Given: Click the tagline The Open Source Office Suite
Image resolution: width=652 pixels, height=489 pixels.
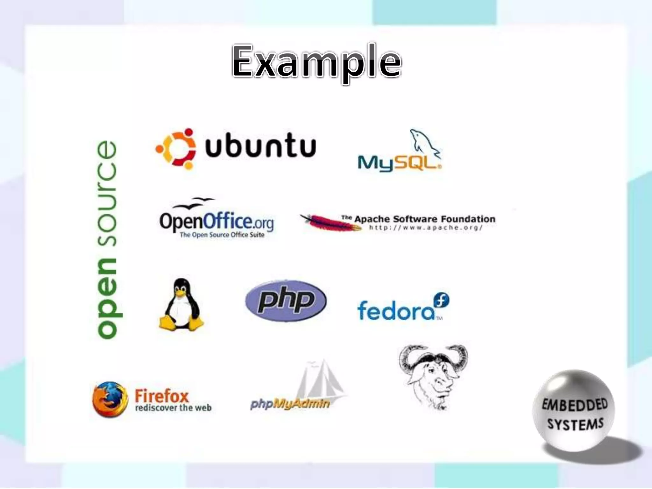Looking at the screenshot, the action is pos(222,235).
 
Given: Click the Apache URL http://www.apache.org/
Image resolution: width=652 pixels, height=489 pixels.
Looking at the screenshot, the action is pos(426,228).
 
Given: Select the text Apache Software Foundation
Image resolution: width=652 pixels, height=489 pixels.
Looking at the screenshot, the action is pos(425,219).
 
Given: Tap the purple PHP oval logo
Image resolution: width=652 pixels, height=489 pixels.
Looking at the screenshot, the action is pos(286,301).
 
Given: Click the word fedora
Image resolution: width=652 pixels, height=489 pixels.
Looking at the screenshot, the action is pos(395,310).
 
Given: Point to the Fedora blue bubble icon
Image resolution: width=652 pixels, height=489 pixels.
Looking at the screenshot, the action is pos(441,300).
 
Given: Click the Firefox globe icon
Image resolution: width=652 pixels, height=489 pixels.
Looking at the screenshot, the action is pos(110,399).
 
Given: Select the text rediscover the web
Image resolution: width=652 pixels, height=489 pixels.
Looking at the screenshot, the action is pos(173,408).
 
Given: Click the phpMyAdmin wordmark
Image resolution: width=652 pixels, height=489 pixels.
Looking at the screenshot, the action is pos(290,404).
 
